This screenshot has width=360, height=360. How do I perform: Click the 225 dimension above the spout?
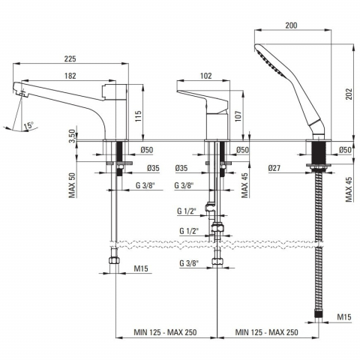70,58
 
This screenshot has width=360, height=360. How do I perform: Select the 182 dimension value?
70,76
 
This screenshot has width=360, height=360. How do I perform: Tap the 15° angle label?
28,125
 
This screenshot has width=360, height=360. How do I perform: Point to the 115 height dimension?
138,116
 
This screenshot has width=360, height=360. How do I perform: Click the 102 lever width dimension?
206,76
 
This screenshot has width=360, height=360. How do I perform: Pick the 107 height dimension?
238,116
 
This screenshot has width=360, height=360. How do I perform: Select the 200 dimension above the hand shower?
291,25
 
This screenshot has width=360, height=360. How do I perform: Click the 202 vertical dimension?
349,94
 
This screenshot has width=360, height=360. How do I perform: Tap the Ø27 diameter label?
274,168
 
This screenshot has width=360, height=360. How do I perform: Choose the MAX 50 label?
73,185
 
